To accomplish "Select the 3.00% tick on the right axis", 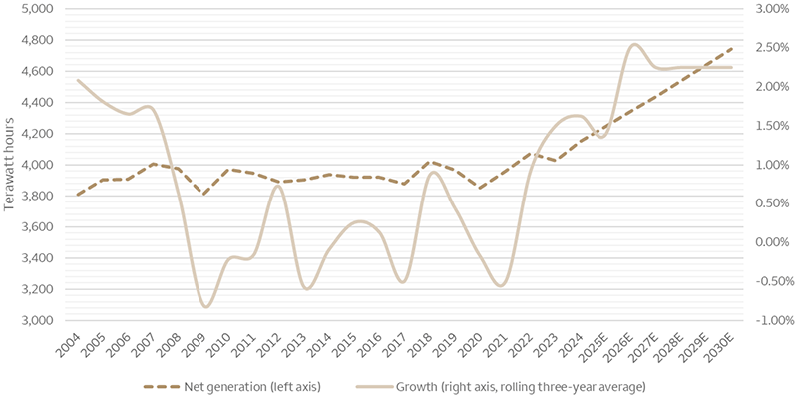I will (x=764, y=9).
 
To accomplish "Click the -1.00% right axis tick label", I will (x=764, y=321).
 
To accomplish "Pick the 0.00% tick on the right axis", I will (x=764, y=243).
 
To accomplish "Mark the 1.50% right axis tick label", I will (x=764, y=126).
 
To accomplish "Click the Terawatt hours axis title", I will (x=9, y=165).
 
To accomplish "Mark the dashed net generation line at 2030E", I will (x=733, y=47).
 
